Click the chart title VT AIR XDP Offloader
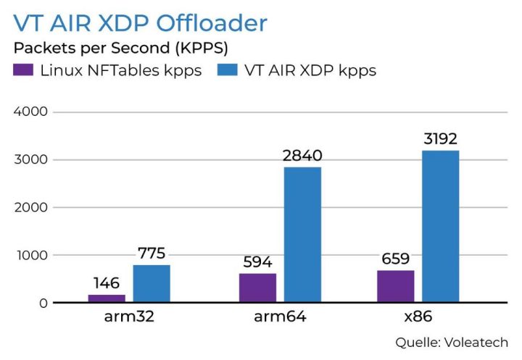(140, 23)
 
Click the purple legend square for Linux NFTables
(23, 71)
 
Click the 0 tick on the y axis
(43, 303)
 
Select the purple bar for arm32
(107, 298)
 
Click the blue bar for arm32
(152, 283)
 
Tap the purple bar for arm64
(257, 288)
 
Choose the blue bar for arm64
(302, 234)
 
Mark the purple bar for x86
(395, 286)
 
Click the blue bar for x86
(440, 226)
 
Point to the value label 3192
(440, 139)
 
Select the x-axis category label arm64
(280, 318)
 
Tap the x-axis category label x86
(418, 318)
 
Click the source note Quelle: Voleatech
(451, 342)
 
